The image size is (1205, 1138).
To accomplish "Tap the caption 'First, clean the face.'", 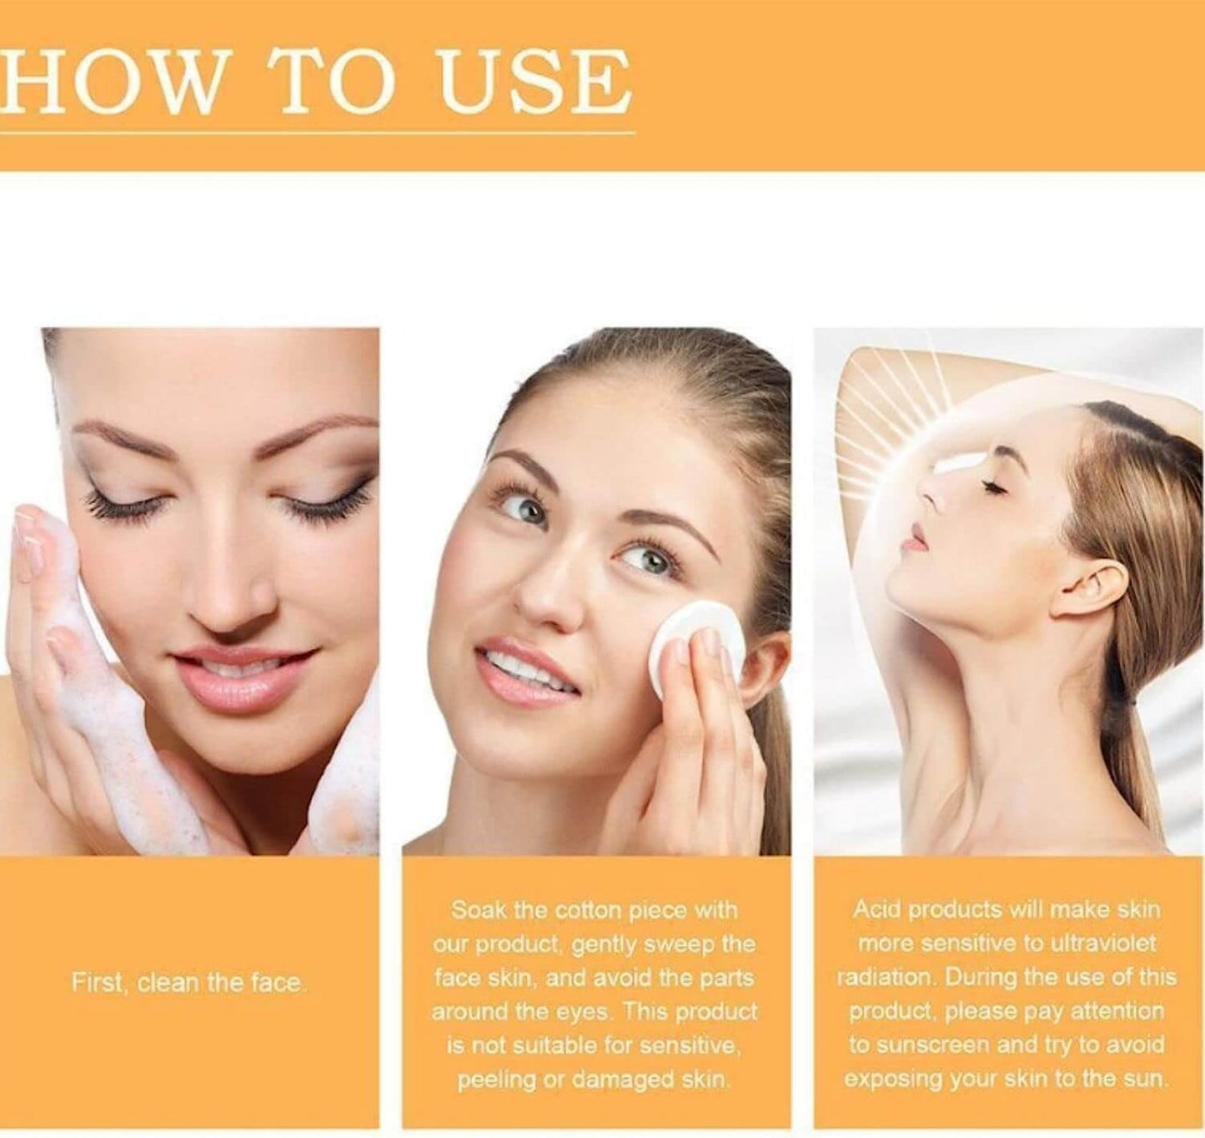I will pyautogui.click(x=188, y=983).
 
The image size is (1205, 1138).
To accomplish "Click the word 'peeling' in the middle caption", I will pyautogui.click(x=496, y=1080).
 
